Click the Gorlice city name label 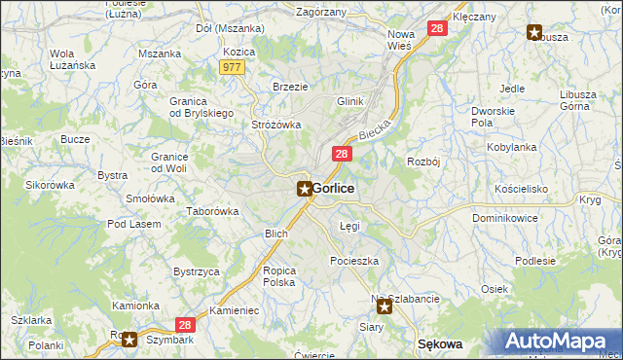(x=333, y=189)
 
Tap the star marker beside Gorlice (x=305, y=189)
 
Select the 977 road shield (x=232, y=67)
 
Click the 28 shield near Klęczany (x=437, y=30)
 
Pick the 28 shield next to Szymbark (x=185, y=326)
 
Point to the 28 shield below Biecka (x=342, y=155)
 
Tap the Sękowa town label (x=439, y=344)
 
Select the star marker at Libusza (x=534, y=33)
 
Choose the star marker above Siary (x=385, y=307)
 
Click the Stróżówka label (x=276, y=125)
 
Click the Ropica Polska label (x=279, y=276)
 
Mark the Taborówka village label (x=213, y=211)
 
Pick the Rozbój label (x=424, y=162)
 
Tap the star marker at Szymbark (x=129, y=339)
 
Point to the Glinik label (x=349, y=101)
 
